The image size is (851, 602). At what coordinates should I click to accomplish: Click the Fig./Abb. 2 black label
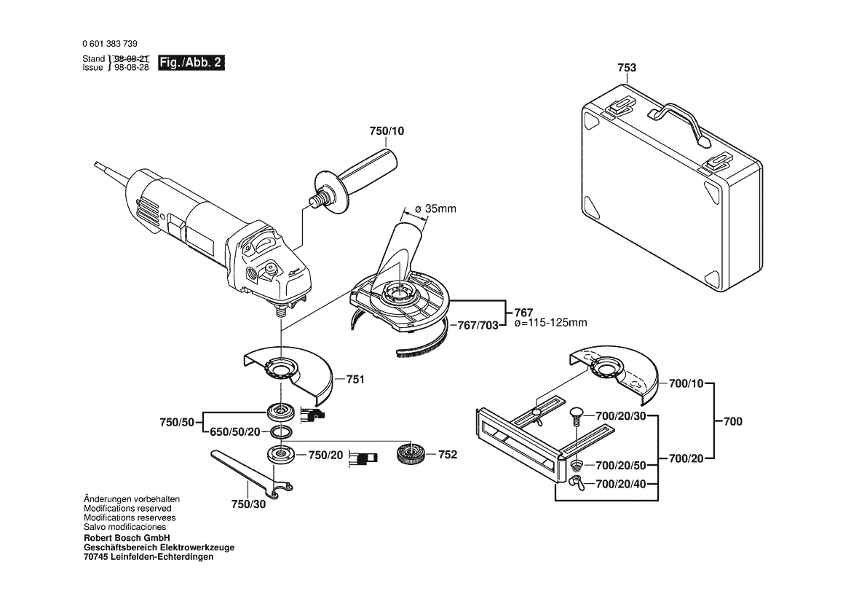pos(191,63)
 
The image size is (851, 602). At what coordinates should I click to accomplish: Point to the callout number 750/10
pos(386,130)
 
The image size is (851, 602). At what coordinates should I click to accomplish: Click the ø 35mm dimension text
pos(435,209)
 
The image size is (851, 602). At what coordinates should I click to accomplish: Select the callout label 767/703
pos(474,325)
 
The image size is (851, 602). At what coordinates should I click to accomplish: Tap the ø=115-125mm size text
pos(550,322)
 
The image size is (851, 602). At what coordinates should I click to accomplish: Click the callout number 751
pos(355,379)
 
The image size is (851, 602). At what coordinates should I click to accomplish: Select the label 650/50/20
pos(234,432)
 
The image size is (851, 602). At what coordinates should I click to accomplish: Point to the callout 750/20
pos(325,454)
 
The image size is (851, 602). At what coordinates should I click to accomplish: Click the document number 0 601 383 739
pos(110,44)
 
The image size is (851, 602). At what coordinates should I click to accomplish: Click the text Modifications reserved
pos(127,509)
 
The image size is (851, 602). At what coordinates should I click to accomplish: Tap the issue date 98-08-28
pos(132,66)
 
